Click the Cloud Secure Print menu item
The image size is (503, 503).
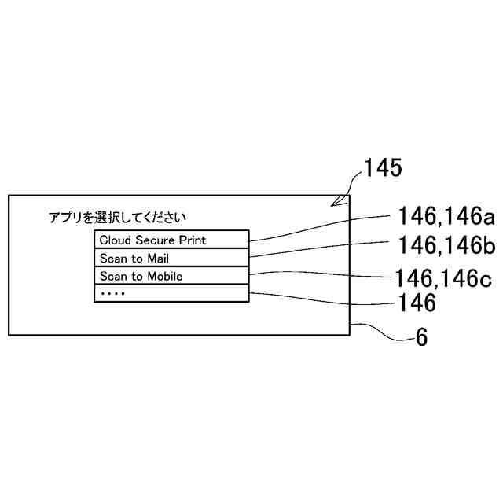[171, 240]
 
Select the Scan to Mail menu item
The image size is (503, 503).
[171, 258]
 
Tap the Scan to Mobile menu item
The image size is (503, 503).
[171, 276]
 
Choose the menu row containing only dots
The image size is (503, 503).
[171, 293]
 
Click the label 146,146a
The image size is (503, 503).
[445, 217]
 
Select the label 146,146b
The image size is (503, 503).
[446, 246]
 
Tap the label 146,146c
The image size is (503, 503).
[445, 277]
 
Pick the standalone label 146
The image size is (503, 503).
[417, 303]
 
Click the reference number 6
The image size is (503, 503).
[421, 338]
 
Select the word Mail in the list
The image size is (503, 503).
[158, 258]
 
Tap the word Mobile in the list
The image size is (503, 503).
[164, 276]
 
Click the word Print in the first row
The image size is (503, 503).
[193, 240]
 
